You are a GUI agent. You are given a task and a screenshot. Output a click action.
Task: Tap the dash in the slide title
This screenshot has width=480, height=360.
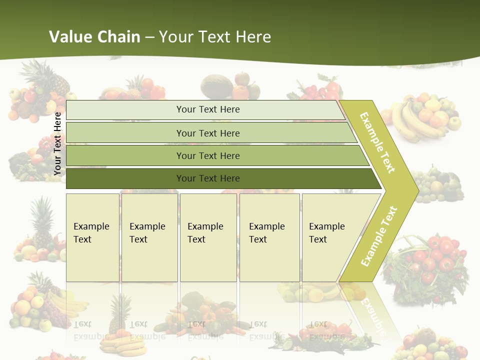(149, 37)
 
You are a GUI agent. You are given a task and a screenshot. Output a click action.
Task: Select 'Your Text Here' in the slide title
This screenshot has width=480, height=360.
(215, 37)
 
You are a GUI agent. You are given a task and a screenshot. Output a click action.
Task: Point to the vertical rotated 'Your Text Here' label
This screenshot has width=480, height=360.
(57, 143)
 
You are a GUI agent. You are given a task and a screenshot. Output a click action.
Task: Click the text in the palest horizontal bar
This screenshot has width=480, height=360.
(208, 109)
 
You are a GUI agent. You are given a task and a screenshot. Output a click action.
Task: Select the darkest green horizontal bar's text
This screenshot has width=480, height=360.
(208, 178)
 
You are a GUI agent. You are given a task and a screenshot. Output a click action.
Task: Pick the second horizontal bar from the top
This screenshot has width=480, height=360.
(208, 133)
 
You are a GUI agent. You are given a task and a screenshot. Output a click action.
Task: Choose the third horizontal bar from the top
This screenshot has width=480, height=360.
(208, 156)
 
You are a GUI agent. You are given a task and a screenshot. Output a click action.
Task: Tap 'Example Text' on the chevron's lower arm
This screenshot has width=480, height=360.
(379, 236)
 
